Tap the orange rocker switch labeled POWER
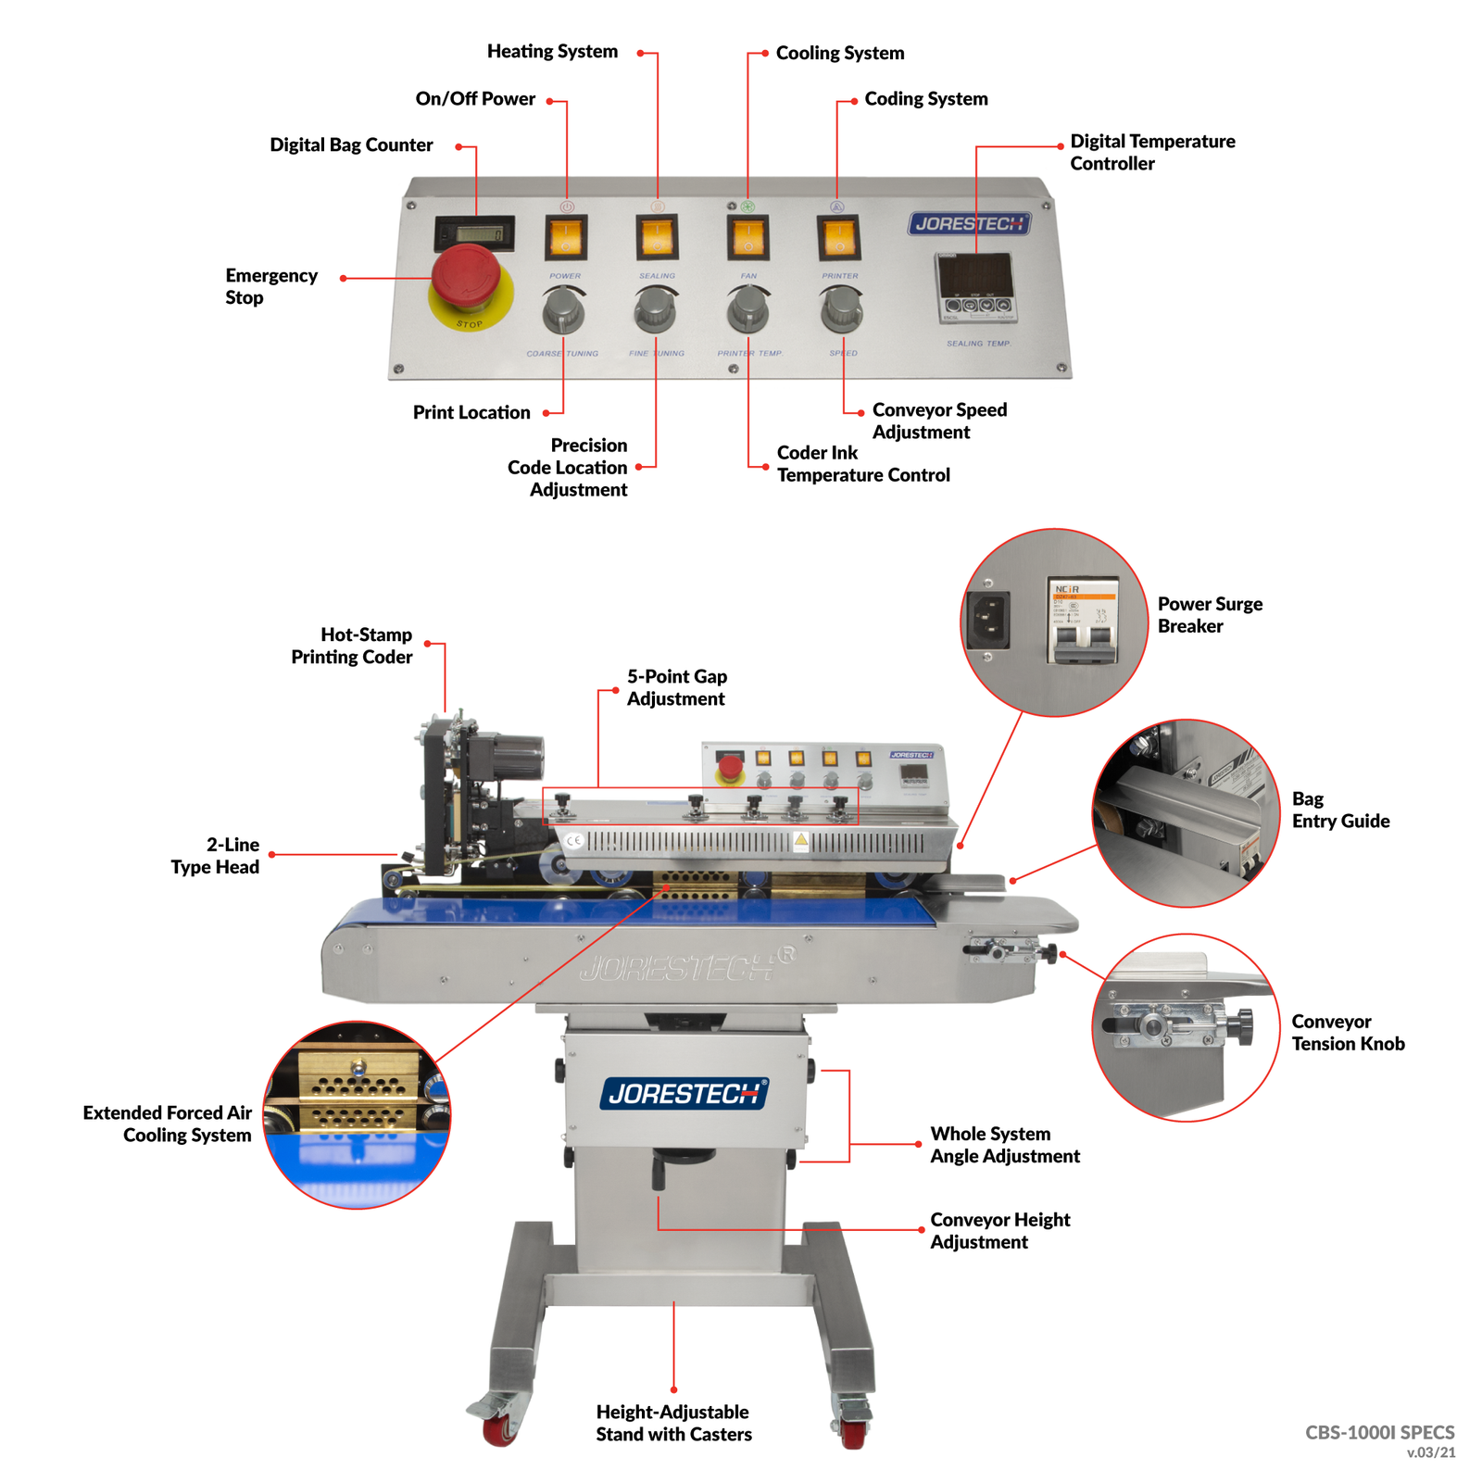[x=566, y=237]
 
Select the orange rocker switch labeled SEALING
[x=657, y=236]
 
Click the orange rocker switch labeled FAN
[x=748, y=237]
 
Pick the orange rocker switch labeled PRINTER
[x=838, y=237]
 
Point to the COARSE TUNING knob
[x=563, y=310]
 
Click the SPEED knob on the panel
[x=841, y=309]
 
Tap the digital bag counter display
[x=474, y=234]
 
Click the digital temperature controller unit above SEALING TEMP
[x=975, y=288]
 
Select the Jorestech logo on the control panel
[x=969, y=223]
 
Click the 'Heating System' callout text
[x=552, y=52]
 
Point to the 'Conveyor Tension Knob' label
[x=1348, y=1033]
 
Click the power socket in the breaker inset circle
[x=987, y=620]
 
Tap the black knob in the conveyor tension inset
[x=1242, y=1026]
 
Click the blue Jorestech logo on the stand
[x=684, y=1094]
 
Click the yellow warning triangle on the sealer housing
[x=800, y=841]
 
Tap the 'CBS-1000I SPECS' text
[x=1379, y=1432]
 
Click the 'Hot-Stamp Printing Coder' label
[x=352, y=646]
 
